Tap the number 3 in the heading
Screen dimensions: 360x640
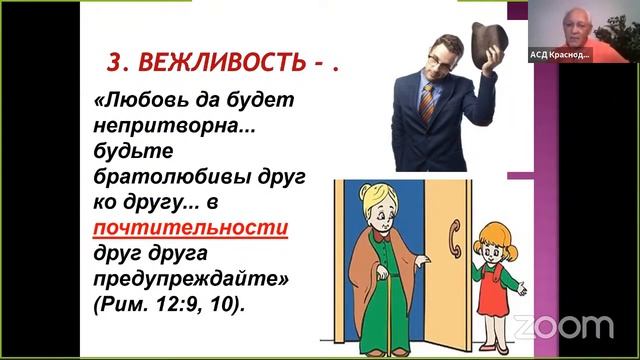(x=114, y=64)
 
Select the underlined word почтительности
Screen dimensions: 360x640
(x=190, y=227)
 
